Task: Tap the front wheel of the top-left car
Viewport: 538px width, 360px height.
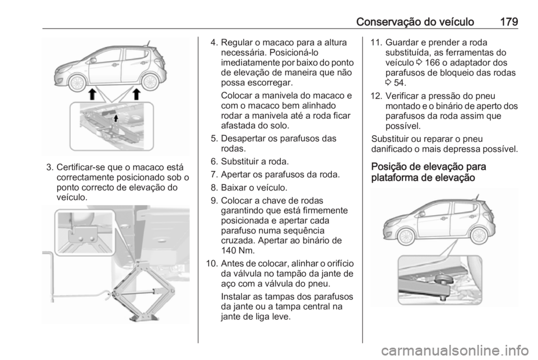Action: pyautogui.click(x=76, y=82)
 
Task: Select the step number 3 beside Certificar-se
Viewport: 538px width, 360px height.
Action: pyautogui.click(x=49, y=167)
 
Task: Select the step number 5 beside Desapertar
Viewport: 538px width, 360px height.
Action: pyautogui.click(x=214, y=138)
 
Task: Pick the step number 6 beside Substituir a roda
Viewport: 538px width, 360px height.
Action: pyautogui.click(x=214, y=161)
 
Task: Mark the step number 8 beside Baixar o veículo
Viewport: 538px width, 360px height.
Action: pyautogui.click(x=214, y=186)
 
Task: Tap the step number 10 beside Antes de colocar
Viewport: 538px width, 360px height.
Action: pyautogui.click(x=211, y=264)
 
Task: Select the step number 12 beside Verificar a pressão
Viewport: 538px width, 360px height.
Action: pyautogui.click(x=375, y=96)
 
